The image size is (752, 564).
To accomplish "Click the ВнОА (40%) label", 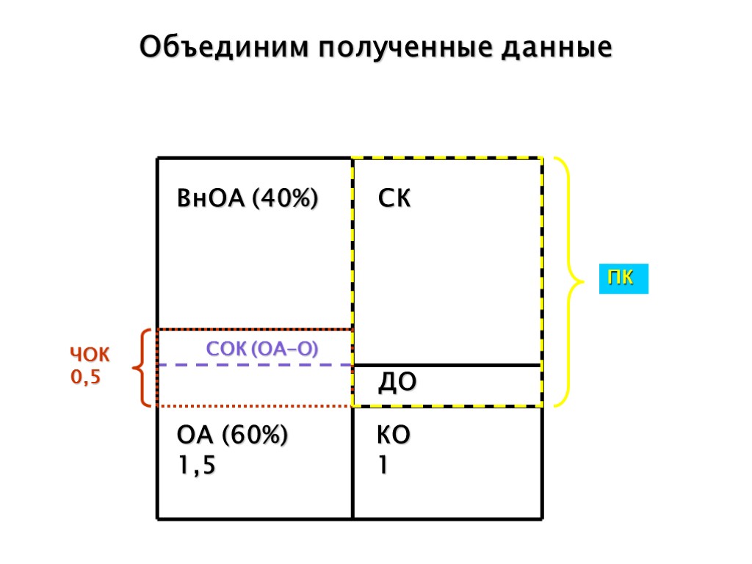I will [247, 199].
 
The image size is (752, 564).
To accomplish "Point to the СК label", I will [394, 199].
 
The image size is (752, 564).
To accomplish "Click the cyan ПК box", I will [623, 279].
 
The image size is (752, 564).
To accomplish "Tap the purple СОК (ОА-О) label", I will [262, 349].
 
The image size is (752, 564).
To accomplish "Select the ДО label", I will [397, 382].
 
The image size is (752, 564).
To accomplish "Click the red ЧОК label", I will [90, 356].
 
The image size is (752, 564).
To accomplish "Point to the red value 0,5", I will [84, 377].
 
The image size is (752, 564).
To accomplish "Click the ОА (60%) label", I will [233, 435].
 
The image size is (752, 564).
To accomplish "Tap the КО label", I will [394, 435].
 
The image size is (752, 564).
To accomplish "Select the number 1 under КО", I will [382, 466].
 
